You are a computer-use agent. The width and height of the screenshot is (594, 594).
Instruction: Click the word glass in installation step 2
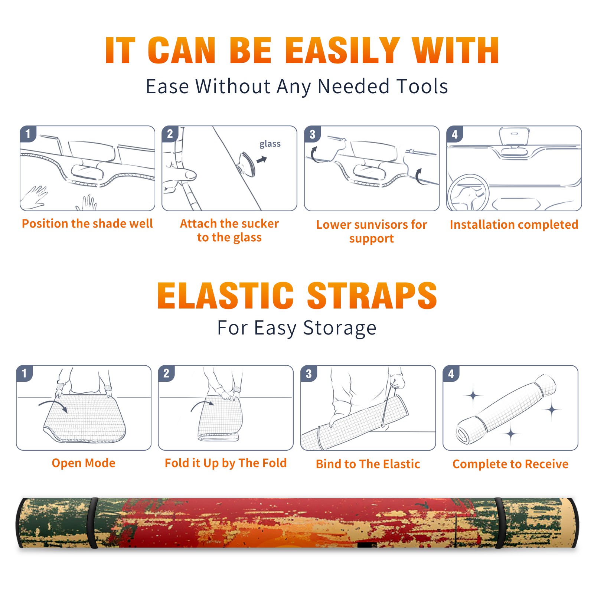pos(270,144)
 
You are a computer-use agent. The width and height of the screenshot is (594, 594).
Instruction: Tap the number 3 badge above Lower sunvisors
pos(312,134)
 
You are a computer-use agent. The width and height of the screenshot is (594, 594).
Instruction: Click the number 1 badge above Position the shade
pos(28,134)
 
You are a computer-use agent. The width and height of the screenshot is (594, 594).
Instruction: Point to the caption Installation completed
pos(514,224)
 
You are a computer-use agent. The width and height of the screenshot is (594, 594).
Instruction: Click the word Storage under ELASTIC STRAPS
pos(340,328)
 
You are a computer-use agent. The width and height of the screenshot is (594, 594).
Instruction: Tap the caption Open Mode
pos(84,463)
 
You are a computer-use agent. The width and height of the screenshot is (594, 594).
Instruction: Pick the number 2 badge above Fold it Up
pos(166,373)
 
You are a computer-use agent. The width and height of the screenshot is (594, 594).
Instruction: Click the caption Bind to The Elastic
pos(368,464)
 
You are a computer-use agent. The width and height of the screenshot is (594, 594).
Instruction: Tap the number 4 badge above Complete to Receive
pos(451,373)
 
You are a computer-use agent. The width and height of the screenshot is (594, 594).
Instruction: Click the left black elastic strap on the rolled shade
pos(93,523)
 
